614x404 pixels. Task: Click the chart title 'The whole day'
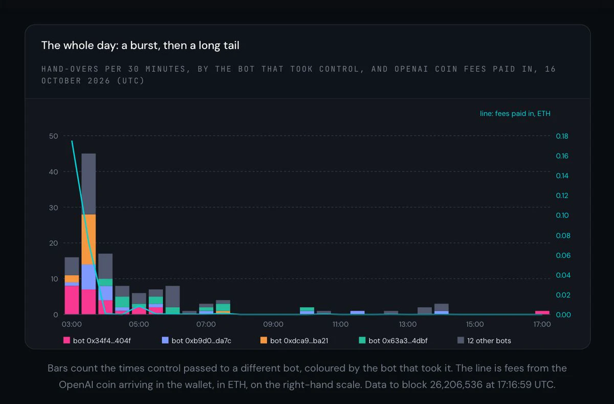click(x=80, y=46)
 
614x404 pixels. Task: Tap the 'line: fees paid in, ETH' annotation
click(x=515, y=114)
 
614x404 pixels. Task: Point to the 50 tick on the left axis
click(x=53, y=136)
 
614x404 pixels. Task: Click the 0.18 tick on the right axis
click(x=562, y=136)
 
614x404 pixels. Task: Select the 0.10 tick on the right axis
click(x=562, y=215)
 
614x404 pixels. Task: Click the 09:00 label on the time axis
click(x=273, y=324)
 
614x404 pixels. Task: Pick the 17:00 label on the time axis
click(x=542, y=324)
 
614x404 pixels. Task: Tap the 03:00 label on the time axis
click(x=72, y=324)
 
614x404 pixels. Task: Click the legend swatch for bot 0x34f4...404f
click(x=67, y=341)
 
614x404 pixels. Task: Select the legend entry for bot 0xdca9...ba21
click(x=294, y=341)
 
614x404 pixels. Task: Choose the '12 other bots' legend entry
click(x=484, y=341)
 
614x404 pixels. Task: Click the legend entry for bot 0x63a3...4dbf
click(x=393, y=341)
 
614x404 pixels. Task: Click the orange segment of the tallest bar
click(x=89, y=240)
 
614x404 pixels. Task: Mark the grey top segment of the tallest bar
click(x=89, y=184)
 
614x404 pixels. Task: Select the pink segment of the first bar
click(x=72, y=300)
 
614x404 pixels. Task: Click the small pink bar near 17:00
click(x=542, y=313)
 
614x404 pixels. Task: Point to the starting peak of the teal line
click(x=72, y=141)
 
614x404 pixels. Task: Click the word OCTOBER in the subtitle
click(x=61, y=81)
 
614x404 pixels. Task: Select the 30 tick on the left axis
click(x=53, y=207)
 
